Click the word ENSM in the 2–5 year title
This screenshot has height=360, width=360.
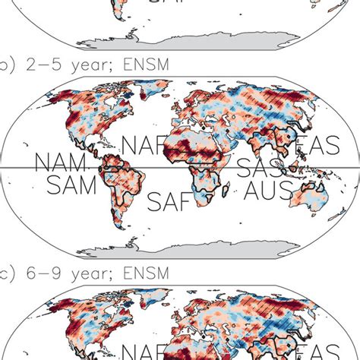click(x=134, y=62)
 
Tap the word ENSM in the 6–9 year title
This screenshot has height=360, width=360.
click(x=134, y=271)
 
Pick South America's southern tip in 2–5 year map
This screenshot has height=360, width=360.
click(x=122, y=225)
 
